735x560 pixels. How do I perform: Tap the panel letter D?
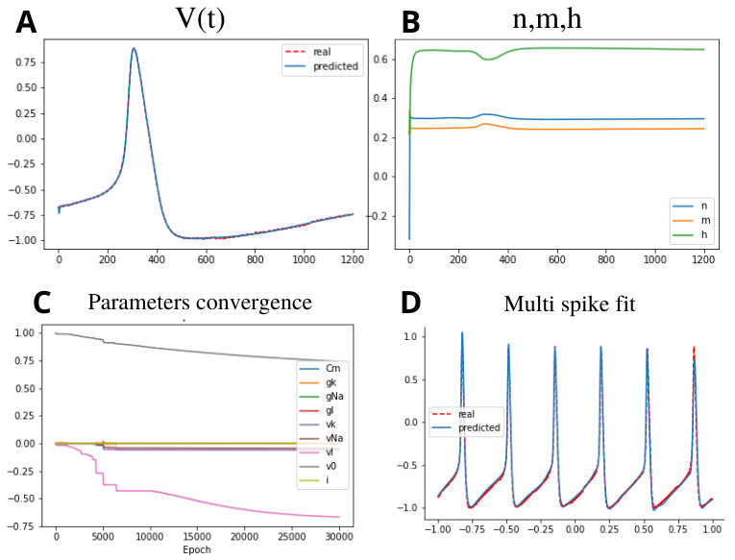pyautogui.click(x=411, y=304)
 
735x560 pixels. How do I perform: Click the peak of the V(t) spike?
pyautogui.click(x=135, y=48)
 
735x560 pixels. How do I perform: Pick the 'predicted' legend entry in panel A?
pyautogui.click(x=335, y=66)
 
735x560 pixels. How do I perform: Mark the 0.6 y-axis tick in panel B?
pyautogui.click(x=388, y=60)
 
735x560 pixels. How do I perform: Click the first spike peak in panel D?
pyautogui.click(x=462, y=333)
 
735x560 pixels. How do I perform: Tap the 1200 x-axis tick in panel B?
pyautogui.click(x=704, y=259)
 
